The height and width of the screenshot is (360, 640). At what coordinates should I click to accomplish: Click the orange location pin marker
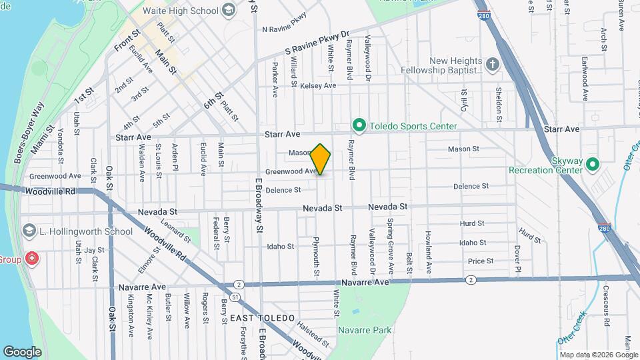pos(321,159)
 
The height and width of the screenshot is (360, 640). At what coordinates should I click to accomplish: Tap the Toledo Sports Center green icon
pos(359,125)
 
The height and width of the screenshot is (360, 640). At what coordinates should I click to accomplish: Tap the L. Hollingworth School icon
pos(29,231)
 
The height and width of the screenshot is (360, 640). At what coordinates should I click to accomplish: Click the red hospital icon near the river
pos(31,259)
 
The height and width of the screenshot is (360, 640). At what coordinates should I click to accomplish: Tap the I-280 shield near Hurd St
pos(603,227)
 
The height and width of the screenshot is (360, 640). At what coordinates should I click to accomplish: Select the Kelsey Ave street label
pos(318,86)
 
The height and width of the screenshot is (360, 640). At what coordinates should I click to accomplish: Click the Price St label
pos(480,261)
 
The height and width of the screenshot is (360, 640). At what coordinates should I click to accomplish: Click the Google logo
pos(22,351)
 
